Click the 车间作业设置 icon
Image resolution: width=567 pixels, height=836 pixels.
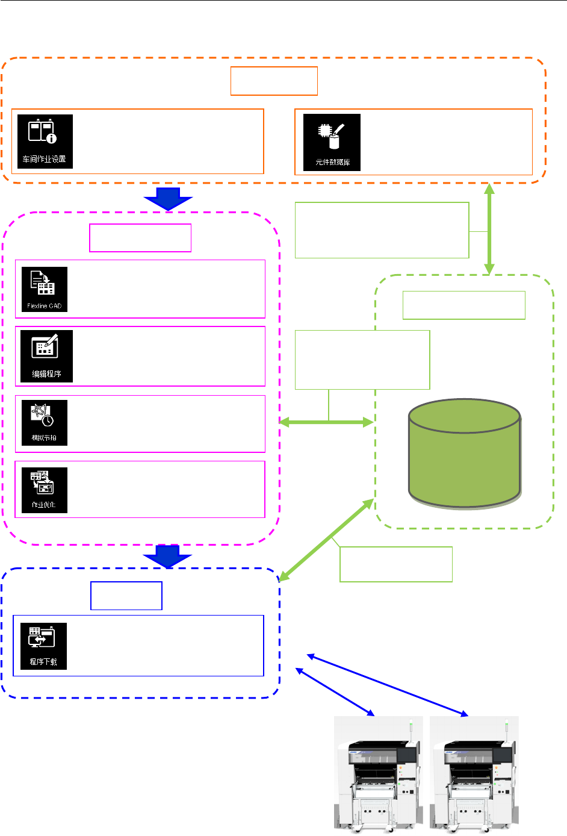[45, 142]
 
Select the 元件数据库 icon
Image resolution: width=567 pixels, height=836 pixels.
[332, 142]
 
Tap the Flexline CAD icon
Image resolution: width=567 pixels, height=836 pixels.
[45, 289]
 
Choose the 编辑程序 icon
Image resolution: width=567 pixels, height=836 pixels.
[46, 356]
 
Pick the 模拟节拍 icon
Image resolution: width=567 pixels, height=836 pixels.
[45, 423]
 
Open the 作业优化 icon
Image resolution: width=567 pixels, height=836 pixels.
[45, 490]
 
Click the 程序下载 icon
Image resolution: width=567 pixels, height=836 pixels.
[43, 646]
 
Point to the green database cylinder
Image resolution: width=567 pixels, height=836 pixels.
[464, 452]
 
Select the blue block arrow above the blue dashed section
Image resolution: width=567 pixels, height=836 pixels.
[168, 556]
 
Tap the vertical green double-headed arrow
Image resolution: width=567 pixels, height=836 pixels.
[490, 229]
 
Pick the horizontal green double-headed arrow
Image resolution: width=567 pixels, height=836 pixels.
[327, 423]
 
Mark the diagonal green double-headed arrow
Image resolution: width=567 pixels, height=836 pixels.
[327, 540]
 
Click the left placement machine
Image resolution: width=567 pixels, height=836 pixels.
[378, 774]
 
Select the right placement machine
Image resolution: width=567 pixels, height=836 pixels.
[474, 774]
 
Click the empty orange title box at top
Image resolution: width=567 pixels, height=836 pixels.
[274, 81]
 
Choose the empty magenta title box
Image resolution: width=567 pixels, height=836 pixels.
[140, 238]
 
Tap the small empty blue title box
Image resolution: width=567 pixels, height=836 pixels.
[126, 596]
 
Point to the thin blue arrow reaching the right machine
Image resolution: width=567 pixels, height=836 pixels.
[388, 685]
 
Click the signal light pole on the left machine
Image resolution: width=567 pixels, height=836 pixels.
[410, 730]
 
